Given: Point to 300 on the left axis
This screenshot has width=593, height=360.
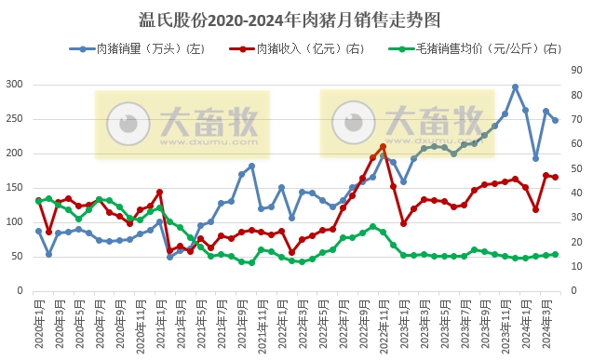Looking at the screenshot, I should tap(14, 85).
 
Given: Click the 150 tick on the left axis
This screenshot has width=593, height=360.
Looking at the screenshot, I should tap(14, 188).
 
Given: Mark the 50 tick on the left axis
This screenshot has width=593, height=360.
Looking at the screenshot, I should tap(17, 257).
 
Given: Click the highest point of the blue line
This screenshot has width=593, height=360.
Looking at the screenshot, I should tap(515, 87).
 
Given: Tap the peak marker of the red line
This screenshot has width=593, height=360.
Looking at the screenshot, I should tap(383, 147).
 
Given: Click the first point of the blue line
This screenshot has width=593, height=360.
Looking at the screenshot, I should tap(39, 231).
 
